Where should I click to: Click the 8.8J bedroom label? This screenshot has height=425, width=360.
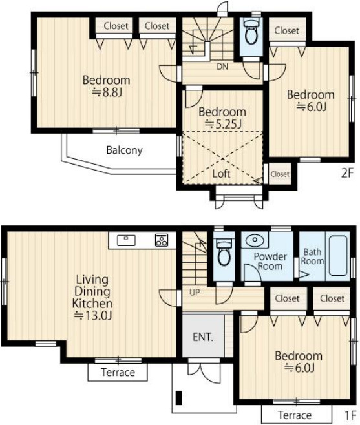tap(107, 86)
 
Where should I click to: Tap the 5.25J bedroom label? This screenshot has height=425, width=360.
tap(222, 118)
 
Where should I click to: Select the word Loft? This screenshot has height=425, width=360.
tap(222, 174)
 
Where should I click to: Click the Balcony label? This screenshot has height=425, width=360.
tap(125, 150)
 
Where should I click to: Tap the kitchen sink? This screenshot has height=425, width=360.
tap(126, 241)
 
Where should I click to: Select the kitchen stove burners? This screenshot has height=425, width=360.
tap(162, 240)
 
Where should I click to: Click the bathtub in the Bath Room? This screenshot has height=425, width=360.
tap(338, 256)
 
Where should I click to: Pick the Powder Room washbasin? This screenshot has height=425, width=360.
tap(255, 240)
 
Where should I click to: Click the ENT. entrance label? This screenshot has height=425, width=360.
tap(203, 337)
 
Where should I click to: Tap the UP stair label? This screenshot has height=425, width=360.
tap(195, 292)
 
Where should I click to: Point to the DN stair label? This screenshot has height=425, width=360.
tap(222, 67)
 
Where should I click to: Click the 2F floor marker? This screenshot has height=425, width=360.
tap(348, 173)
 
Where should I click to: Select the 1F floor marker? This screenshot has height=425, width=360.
tap(350, 415)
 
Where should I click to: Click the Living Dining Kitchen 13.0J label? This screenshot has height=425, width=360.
tap(92, 297)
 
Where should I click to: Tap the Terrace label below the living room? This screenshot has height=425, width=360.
tap(118, 372)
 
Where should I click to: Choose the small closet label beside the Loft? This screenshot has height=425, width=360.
tap(280, 174)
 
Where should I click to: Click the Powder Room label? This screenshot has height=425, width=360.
tap(270, 262)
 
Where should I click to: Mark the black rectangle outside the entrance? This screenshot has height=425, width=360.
tap(179, 398)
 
